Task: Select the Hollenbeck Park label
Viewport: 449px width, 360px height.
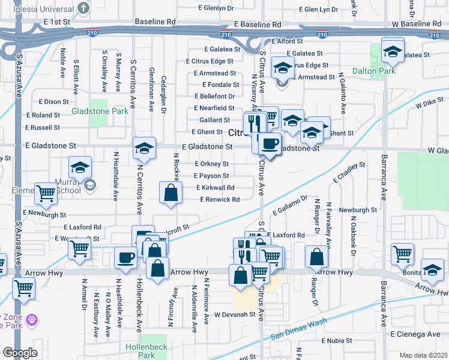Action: (x=140, y=351)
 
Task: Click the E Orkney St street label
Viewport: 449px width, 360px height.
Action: (x=212, y=164)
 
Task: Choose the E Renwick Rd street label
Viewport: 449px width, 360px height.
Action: (x=220, y=199)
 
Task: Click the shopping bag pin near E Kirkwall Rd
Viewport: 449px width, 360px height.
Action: (x=170, y=193)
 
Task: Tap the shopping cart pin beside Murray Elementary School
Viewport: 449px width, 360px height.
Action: (x=46, y=193)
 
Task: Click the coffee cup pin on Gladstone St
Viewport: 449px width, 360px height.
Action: (x=270, y=143)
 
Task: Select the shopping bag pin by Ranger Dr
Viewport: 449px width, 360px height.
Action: (x=316, y=257)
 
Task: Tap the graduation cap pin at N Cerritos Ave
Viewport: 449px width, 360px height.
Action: (x=144, y=147)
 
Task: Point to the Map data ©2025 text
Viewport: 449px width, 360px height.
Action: (x=423, y=355)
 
